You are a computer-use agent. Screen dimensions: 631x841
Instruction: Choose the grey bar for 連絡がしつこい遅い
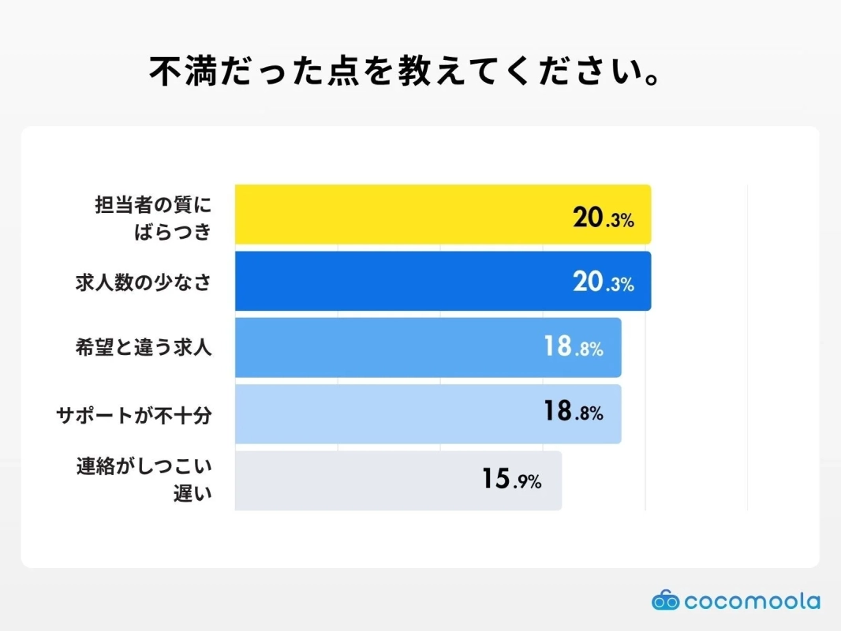point(355,480)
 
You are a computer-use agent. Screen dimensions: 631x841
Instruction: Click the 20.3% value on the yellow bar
point(604,218)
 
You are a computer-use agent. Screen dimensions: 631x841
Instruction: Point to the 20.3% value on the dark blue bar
point(604,283)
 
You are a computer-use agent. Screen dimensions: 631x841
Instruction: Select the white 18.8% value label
point(574,347)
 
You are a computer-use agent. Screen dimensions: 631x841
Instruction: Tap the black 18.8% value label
point(574,412)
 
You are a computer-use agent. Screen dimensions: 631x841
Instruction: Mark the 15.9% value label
point(512,480)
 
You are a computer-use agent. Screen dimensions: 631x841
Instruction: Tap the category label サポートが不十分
point(134,414)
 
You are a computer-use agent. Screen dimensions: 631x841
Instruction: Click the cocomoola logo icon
point(665,601)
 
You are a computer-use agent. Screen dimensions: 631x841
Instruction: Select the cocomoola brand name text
point(752,601)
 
